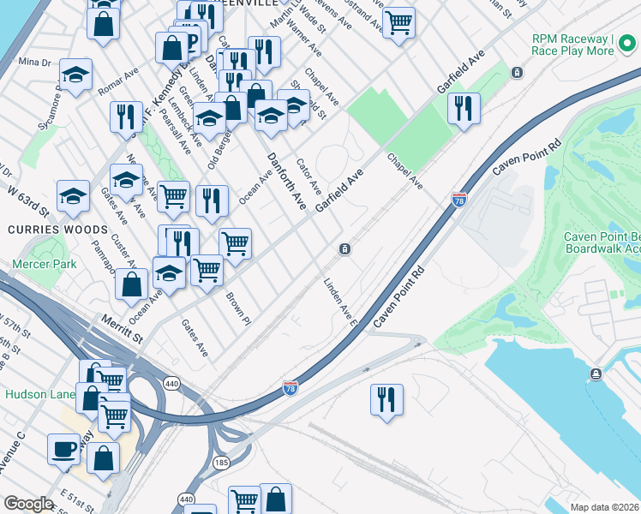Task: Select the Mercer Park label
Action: coord(45,264)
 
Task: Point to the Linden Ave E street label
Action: coord(339,302)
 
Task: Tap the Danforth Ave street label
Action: coord(286,181)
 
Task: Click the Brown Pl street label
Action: coord(237,308)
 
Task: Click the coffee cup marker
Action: coord(64,448)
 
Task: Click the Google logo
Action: coord(29,504)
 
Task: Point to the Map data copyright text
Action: coord(604,507)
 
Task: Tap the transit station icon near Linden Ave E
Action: coord(344,249)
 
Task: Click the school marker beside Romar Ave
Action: coord(75,75)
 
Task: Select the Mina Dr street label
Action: coord(34,62)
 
